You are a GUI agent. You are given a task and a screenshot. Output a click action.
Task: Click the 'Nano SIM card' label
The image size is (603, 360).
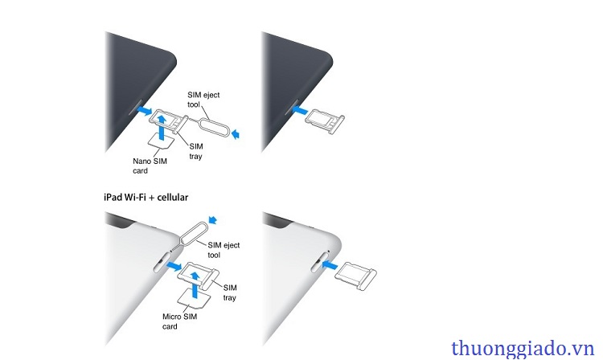(150, 166)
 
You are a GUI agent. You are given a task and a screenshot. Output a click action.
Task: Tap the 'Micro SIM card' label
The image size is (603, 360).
(179, 321)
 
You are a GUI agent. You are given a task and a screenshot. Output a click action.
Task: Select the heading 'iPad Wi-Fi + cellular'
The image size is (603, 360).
(146, 198)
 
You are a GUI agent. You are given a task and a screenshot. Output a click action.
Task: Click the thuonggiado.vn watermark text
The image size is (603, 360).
(523, 349)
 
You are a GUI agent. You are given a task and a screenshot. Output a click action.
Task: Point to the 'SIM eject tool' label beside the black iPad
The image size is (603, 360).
(203, 100)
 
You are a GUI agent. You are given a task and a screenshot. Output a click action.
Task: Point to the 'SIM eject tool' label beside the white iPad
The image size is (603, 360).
(224, 250)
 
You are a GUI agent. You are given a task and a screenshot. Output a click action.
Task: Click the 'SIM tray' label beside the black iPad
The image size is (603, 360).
(195, 151)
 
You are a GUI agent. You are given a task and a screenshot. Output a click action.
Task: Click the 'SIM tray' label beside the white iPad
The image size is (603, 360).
(230, 292)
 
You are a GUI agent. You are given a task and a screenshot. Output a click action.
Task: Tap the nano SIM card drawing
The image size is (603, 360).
(161, 141)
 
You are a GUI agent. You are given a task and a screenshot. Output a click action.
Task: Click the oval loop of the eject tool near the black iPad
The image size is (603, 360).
(215, 126)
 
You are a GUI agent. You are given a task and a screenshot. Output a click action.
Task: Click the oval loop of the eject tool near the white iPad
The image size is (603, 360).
(195, 231)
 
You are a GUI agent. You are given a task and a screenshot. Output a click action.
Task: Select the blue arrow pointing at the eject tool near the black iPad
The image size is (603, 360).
(236, 134)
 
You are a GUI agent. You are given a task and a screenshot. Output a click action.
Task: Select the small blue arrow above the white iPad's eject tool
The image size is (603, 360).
(213, 219)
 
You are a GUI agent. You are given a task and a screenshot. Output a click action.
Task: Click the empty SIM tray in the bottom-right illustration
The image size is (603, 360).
(356, 275)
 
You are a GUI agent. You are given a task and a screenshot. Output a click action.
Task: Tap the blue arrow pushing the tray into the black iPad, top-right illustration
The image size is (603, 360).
(300, 111)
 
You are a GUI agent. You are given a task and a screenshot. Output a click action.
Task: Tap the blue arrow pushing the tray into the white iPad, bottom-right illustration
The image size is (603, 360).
(330, 264)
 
